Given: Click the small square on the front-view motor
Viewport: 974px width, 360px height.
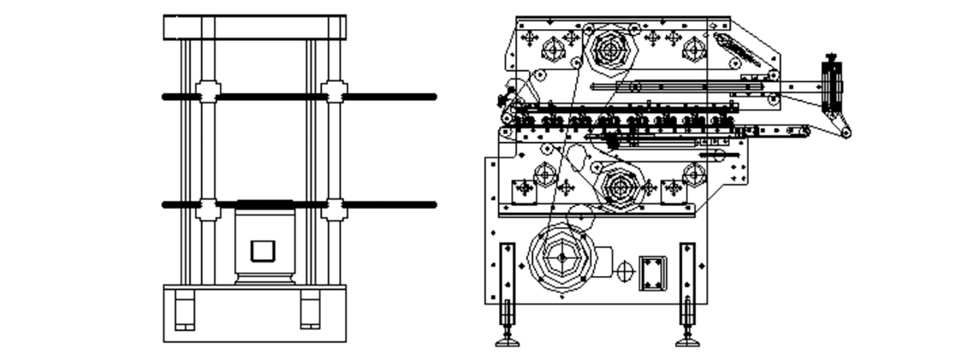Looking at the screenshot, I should point(263,251).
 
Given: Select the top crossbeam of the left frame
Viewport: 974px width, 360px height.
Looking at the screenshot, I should point(254,27).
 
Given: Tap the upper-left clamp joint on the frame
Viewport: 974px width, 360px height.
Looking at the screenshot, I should point(208,91).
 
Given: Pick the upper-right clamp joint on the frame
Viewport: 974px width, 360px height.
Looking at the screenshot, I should point(334,91).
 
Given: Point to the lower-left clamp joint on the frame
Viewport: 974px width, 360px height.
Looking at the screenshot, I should point(208,209).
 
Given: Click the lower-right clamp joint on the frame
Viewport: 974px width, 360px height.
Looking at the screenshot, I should point(334,209).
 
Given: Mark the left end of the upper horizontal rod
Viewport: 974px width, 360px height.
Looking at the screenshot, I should point(166,97).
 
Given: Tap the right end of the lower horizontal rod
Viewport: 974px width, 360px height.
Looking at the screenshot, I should point(433,204).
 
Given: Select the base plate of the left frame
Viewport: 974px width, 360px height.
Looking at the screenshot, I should point(254,313).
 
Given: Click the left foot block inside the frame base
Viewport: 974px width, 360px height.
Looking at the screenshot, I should point(185,309).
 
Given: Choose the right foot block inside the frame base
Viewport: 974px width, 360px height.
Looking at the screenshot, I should point(310,309).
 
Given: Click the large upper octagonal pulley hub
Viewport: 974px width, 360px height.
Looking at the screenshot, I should point(610,49).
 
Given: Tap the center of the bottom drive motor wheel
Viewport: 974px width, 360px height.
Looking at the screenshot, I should point(561,258).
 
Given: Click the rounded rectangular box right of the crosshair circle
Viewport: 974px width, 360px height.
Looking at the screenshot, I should point(653,273).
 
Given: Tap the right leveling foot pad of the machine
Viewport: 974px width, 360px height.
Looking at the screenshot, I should point(688,342).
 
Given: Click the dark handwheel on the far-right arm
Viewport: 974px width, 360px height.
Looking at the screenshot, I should point(832,88).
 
